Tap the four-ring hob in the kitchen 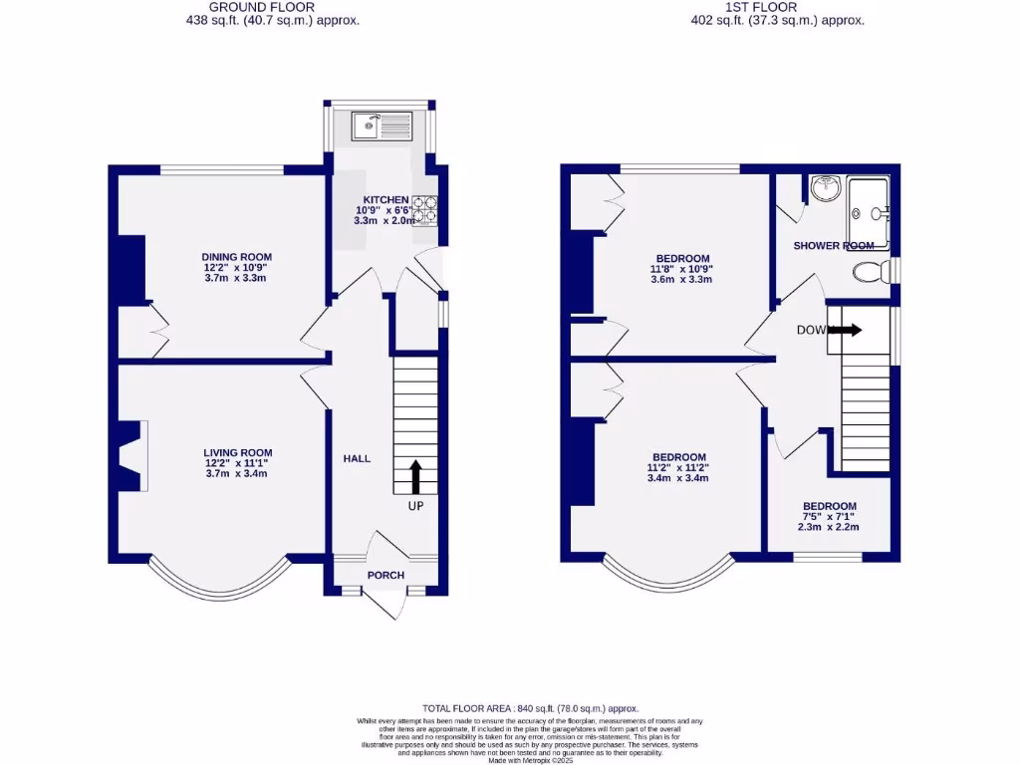click(x=424, y=209)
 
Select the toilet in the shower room click(x=870, y=271)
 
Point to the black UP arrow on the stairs click(x=415, y=476)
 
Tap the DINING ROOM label click(x=235, y=257)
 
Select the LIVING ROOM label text click(x=237, y=452)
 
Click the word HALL click(x=357, y=458)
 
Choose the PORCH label click(x=384, y=575)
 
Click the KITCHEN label click(x=385, y=200)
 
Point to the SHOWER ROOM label click(x=834, y=245)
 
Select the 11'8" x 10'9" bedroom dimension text click(x=681, y=269)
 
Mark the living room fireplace click(x=130, y=456)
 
